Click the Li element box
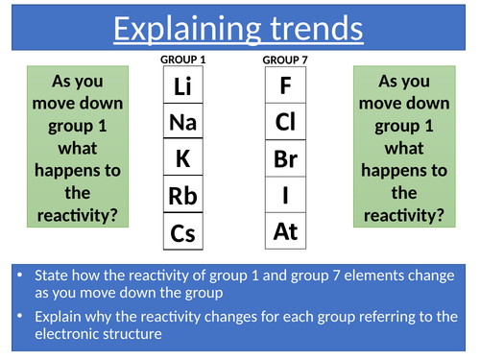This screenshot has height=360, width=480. [183, 84]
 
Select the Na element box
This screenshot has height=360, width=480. [183, 121]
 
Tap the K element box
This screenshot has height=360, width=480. [183, 156]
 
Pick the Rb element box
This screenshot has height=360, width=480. [183, 194]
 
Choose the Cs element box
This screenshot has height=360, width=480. [183, 231]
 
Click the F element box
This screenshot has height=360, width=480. [285, 84]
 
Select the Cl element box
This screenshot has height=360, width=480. [285, 121]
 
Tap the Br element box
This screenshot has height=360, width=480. [285, 158]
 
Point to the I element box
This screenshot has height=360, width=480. [285, 195]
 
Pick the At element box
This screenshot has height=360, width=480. [285, 230]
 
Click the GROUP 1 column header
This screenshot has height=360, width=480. [183, 60]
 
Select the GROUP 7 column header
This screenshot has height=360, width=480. [285, 60]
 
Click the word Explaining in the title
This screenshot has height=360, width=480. [187, 29]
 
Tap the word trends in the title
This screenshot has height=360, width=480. [317, 29]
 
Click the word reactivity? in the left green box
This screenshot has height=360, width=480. [78, 215]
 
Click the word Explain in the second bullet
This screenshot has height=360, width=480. [58, 317]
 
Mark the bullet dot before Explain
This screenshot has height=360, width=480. [20, 316]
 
